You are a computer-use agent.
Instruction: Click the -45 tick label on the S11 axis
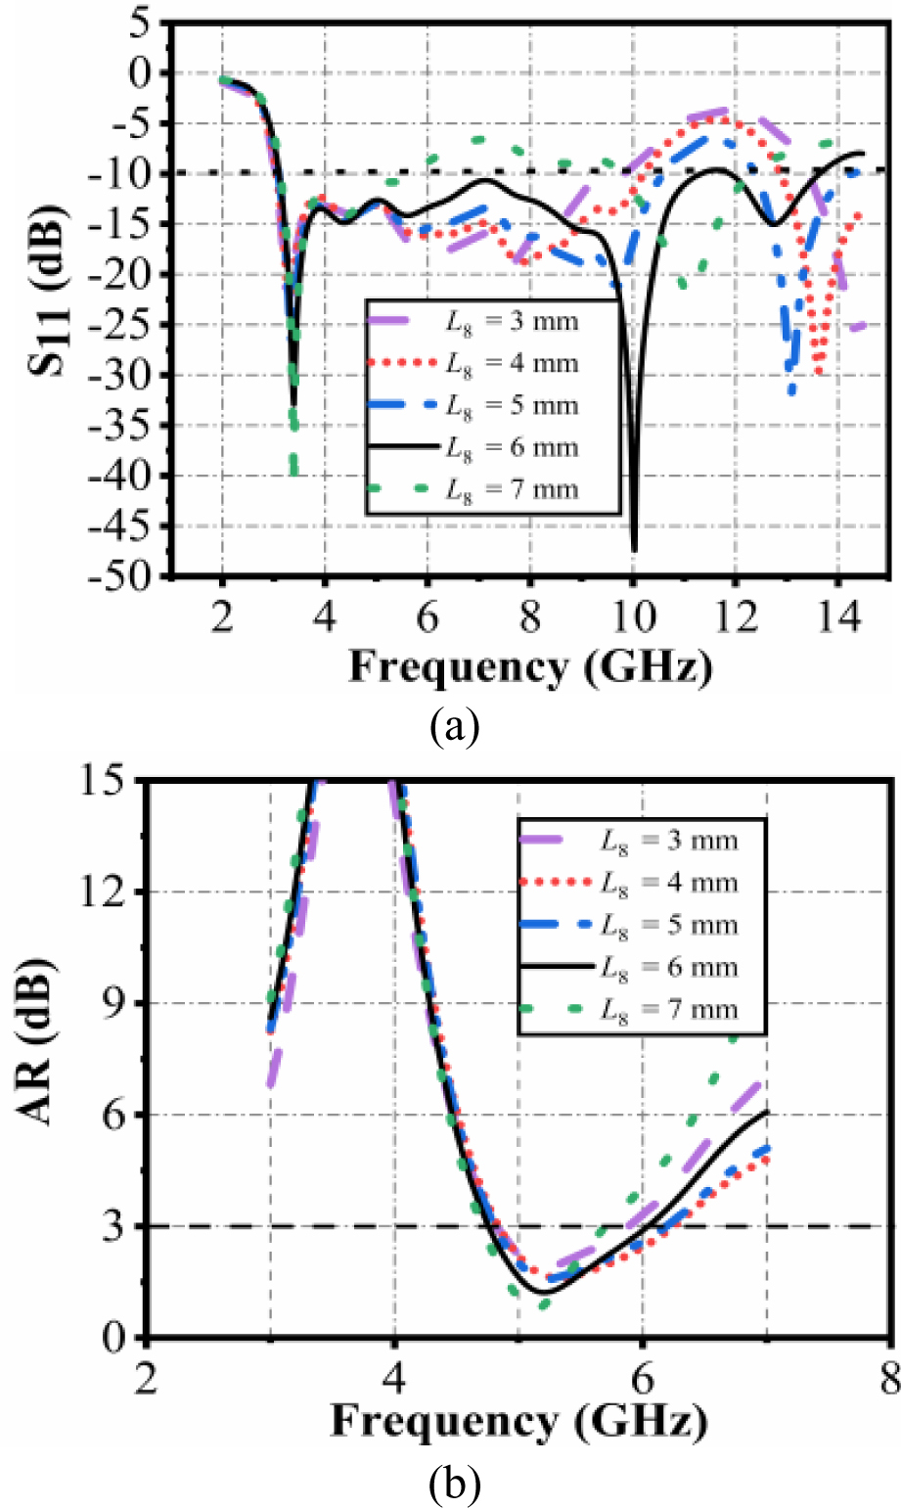138,526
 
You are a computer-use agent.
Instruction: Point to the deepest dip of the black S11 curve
634,549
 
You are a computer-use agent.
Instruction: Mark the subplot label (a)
453,728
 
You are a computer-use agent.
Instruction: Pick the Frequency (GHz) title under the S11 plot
530,668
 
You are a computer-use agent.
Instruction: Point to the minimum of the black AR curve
543,1292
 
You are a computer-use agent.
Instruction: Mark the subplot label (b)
454,1485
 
